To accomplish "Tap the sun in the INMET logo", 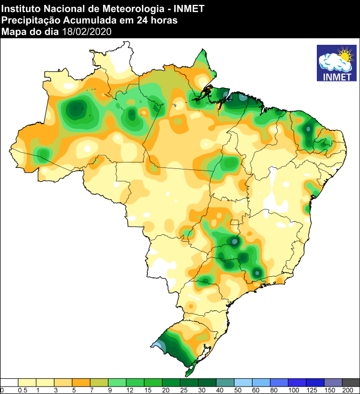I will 344,55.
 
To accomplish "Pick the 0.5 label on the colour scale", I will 23,390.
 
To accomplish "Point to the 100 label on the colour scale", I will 293,390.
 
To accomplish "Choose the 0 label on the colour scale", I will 2,390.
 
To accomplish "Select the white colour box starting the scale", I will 10,382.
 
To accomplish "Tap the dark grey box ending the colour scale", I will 351,382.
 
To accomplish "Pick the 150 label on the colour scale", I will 330,390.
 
